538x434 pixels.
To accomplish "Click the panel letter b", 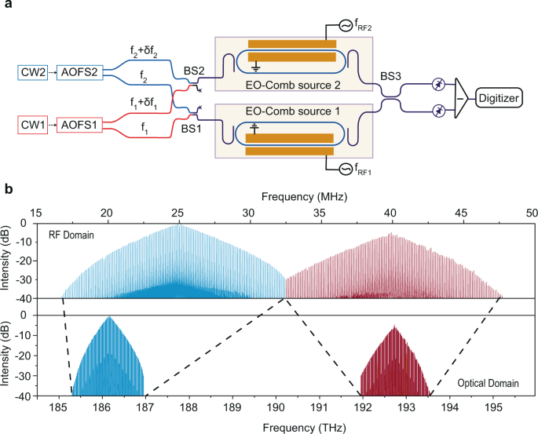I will click(7, 190).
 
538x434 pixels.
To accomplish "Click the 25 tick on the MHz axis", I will click(178, 213).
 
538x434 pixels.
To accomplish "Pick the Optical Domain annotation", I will click(489, 382).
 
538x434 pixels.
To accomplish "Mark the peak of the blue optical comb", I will click(109, 316).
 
